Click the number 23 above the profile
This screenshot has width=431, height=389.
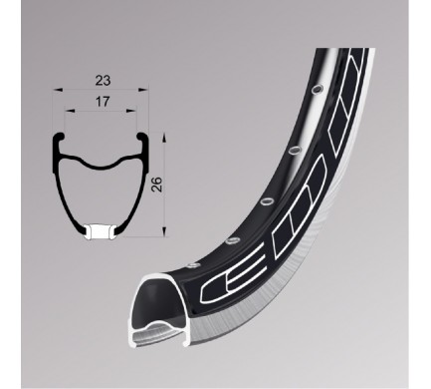103,81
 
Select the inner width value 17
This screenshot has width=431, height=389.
102,102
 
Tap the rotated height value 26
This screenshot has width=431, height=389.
156,185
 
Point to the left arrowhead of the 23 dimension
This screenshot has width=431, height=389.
58,90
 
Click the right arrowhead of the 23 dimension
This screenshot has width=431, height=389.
143,90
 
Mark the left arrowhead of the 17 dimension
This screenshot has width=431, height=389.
70,110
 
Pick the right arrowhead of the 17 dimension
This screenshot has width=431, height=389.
131,110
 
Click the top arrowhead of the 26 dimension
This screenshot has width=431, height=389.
164,139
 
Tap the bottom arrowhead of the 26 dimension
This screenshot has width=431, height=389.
164,231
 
